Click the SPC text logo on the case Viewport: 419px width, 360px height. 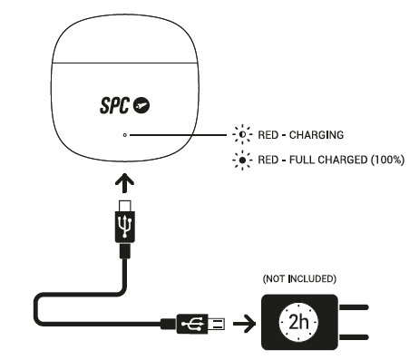click(x=114, y=105)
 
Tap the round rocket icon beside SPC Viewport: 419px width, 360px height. click(x=141, y=105)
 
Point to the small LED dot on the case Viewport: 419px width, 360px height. click(x=125, y=135)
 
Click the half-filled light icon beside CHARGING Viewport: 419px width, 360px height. click(x=242, y=134)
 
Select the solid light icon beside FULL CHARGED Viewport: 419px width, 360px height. click(x=242, y=160)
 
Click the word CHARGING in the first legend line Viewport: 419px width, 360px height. click(x=317, y=135)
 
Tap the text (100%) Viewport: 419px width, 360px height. click(x=387, y=160)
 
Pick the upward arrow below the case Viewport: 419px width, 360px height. click(x=124, y=182)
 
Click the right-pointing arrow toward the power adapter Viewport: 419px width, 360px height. click(x=245, y=324)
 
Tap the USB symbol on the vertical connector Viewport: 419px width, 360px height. click(x=125, y=227)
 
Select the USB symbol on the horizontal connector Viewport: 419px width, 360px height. click(x=192, y=324)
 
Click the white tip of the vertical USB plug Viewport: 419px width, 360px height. click(x=125, y=206)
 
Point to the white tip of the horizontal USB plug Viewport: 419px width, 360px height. click(x=217, y=324)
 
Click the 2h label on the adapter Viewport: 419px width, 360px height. click(x=298, y=322)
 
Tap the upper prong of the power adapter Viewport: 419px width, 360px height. click(x=354, y=307)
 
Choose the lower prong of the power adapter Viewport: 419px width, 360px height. click(x=354, y=337)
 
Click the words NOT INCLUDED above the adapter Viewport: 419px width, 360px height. click(x=299, y=278)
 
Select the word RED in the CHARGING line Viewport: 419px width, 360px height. click(x=268, y=135)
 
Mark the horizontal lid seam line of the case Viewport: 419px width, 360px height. click(x=125, y=63)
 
